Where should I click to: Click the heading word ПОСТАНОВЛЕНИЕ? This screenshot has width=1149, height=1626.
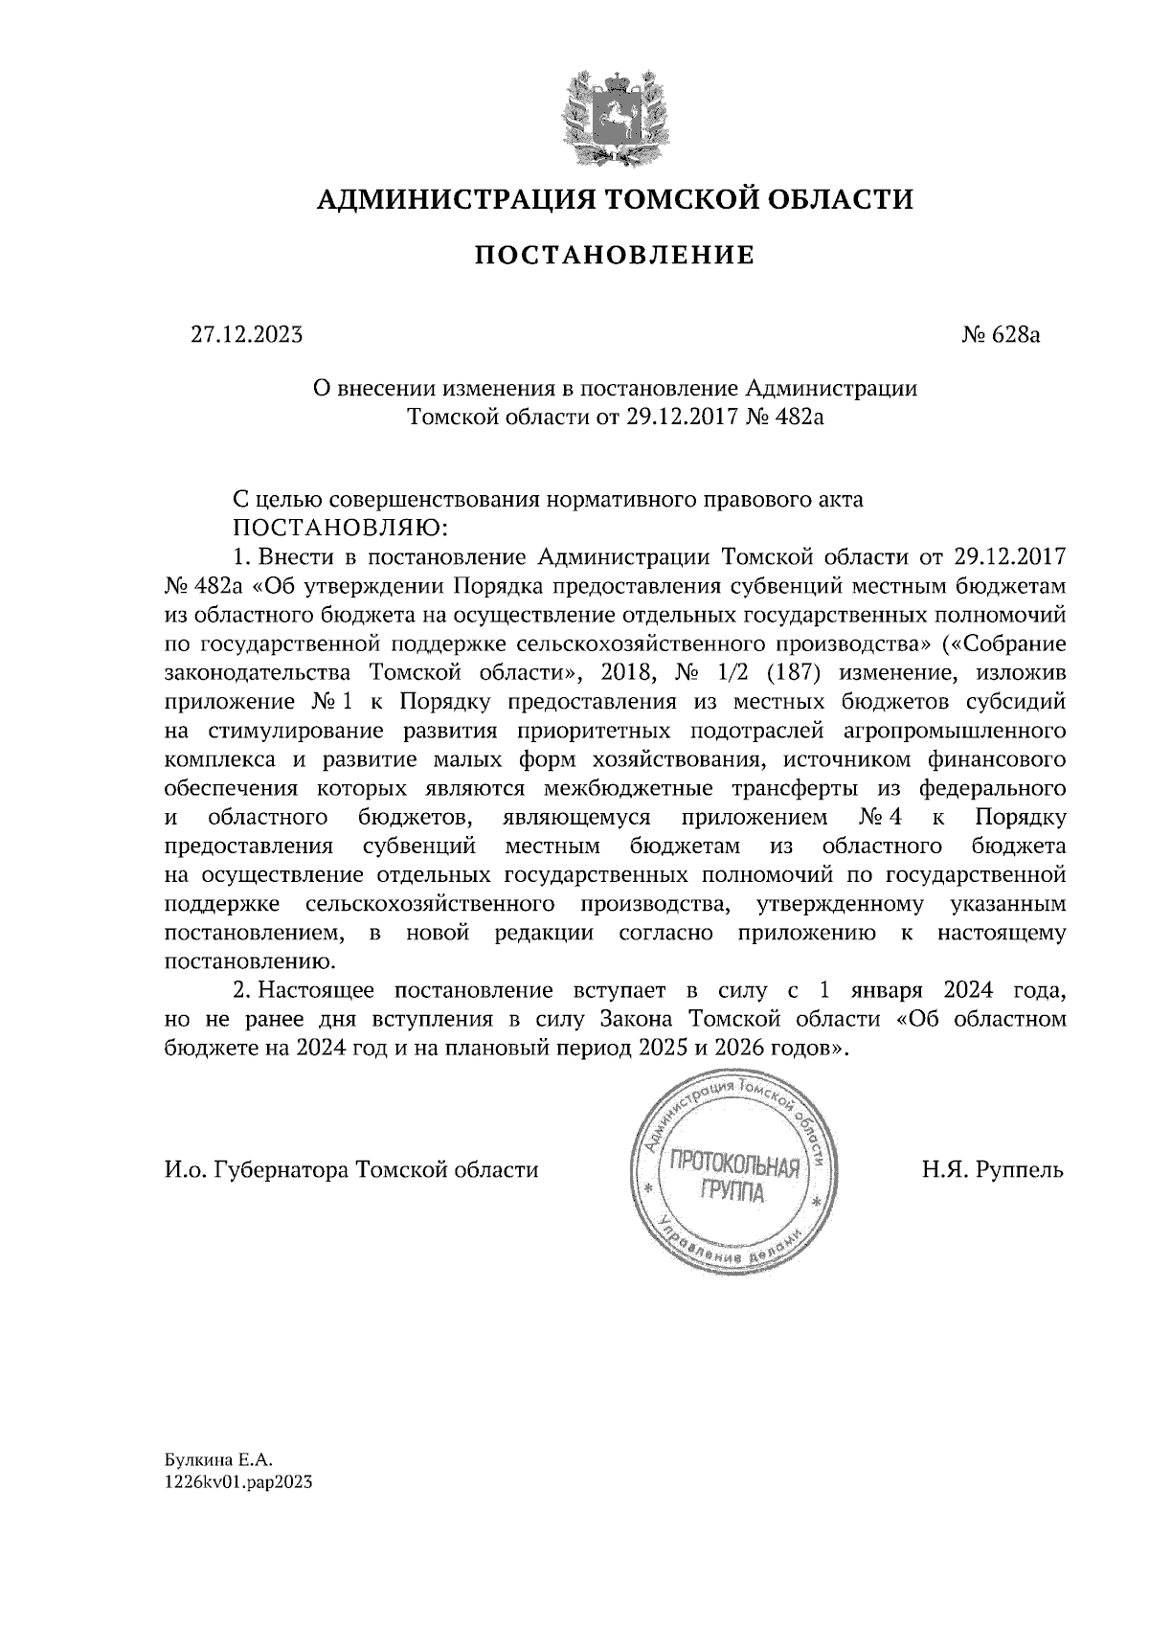(x=616, y=256)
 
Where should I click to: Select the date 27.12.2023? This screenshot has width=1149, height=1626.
(x=246, y=335)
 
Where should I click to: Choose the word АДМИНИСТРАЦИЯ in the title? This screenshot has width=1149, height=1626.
(x=442, y=199)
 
